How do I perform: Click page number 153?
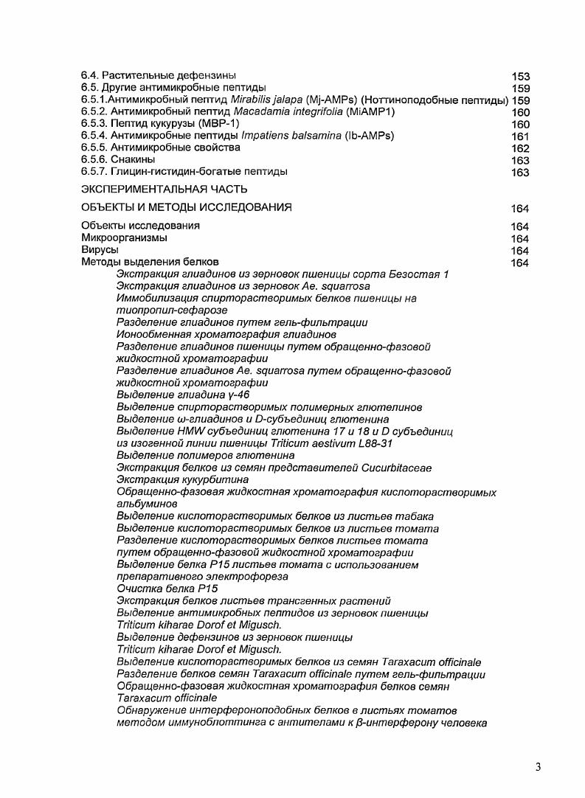tap(520, 76)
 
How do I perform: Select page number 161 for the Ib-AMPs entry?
tap(520, 136)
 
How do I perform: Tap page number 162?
tap(520, 148)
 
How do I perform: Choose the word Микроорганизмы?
tap(124, 238)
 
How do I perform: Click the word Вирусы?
tap(100, 250)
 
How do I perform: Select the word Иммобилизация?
tap(154, 298)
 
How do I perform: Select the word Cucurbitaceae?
tap(396, 468)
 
